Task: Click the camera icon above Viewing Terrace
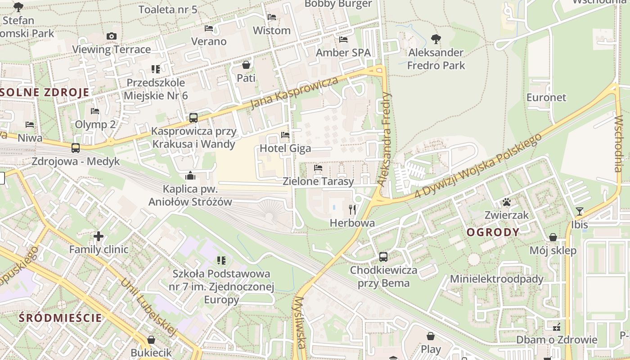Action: [x=112, y=36]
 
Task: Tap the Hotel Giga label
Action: [x=285, y=148]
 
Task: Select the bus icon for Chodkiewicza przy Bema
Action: [x=383, y=257]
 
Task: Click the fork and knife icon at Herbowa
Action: [x=352, y=209]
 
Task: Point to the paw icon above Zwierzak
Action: [x=507, y=202]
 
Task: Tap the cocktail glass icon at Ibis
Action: [x=579, y=211]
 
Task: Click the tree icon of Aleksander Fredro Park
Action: [x=436, y=39]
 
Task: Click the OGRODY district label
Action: [x=493, y=232]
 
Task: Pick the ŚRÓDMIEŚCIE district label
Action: [x=61, y=318]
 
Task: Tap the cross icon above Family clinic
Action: [x=99, y=236]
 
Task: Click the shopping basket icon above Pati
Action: [x=246, y=65]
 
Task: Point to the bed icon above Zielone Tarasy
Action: [x=318, y=168]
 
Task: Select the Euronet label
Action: [x=546, y=97]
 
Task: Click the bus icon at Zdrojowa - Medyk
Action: [x=76, y=148]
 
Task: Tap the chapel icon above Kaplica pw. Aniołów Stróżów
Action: [x=190, y=175]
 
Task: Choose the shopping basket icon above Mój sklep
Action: [x=553, y=237]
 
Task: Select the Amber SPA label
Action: [x=343, y=53]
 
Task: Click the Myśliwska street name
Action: [x=300, y=322]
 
